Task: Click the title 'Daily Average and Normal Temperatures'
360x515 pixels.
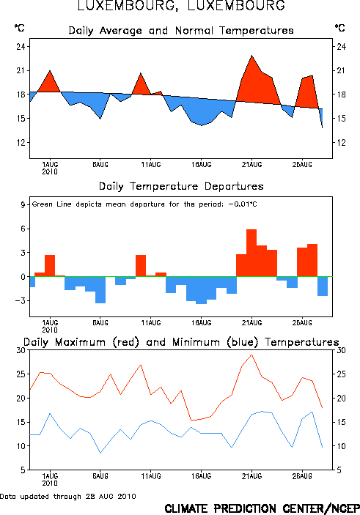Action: coord(181,31)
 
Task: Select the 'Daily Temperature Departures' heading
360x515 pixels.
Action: coord(181,186)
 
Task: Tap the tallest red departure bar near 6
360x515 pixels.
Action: coord(251,253)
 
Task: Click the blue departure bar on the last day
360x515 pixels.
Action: coord(323,286)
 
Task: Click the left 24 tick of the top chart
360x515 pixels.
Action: coord(21,46)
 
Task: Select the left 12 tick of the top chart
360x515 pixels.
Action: coord(21,143)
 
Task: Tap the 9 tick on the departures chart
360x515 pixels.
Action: coord(23,204)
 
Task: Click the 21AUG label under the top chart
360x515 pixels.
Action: coord(251,165)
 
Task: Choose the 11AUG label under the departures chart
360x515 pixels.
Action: coord(151,323)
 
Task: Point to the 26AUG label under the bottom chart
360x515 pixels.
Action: coord(302,476)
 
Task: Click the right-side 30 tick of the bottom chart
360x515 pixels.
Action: coord(341,350)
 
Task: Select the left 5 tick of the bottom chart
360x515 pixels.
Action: coord(23,470)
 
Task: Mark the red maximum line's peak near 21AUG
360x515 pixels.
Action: coord(251,355)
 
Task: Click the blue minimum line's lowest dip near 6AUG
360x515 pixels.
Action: coord(100,453)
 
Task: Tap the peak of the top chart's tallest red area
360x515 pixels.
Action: coord(251,56)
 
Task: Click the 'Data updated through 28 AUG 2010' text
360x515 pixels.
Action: coord(68,496)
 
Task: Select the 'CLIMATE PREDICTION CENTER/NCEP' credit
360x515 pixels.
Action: coord(262,508)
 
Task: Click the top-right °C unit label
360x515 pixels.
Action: coord(340,28)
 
